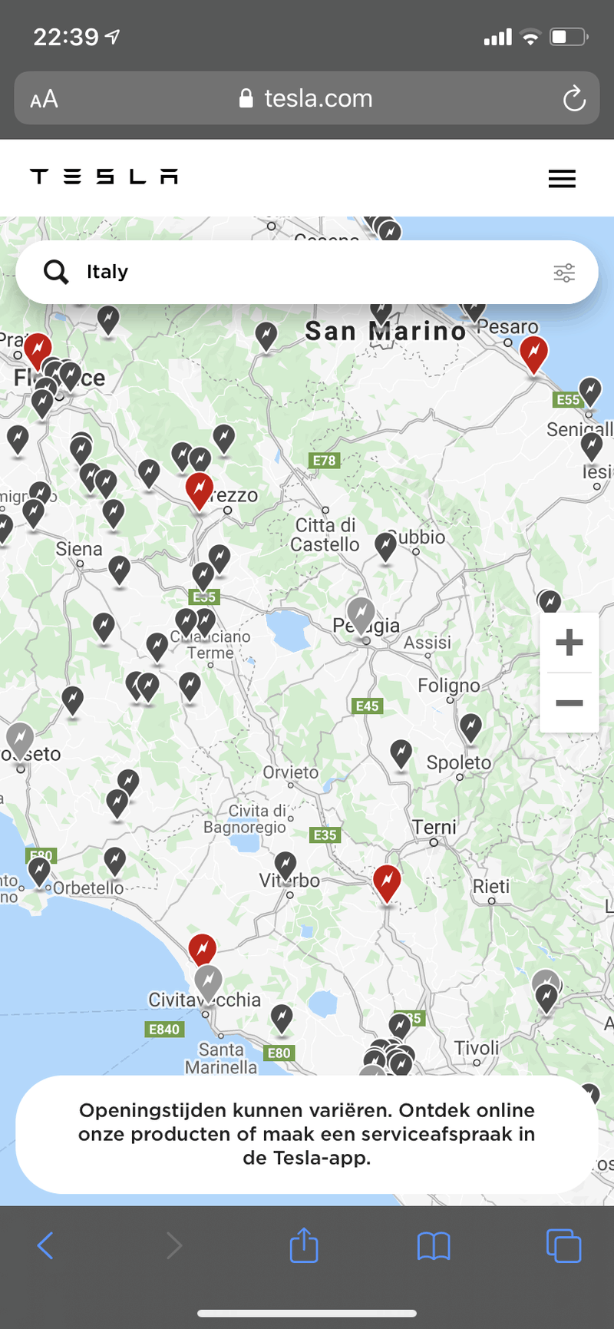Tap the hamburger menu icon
click(x=562, y=179)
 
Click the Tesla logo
click(x=104, y=177)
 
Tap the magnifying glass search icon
click(x=56, y=272)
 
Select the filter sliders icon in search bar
click(x=564, y=273)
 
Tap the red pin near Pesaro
click(x=533, y=352)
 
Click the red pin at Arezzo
click(x=200, y=489)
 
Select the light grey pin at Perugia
click(x=361, y=613)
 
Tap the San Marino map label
click(x=385, y=331)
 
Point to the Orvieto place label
click(x=290, y=772)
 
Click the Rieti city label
click(x=491, y=887)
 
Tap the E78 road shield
click(x=324, y=461)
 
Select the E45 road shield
click(x=367, y=706)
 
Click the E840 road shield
click(x=164, y=1030)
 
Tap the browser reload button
click(x=573, y=99)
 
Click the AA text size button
click(x=44, y=99)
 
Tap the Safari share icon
click(x=304, y=1245)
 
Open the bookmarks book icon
click(x=434, y=1245)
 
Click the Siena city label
click(x=79, y=549)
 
